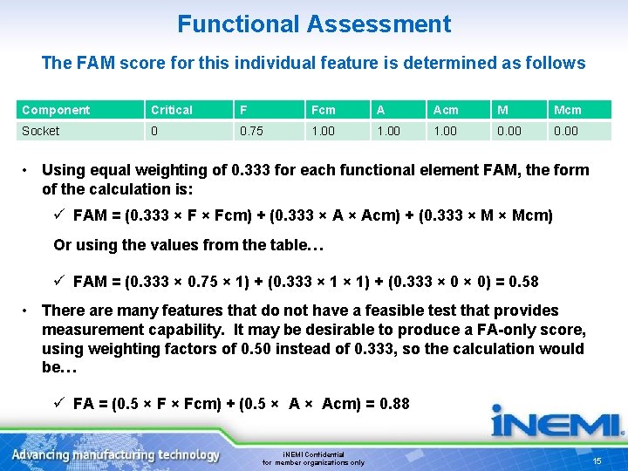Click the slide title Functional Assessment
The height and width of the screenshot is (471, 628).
click(x=314, y=24)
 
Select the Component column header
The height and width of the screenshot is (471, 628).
click(x=56, y=110)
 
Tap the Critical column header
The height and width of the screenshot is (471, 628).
click(x=172, y=110)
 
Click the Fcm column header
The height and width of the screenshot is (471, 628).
click(x=323, y=110)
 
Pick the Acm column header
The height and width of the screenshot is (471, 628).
click(x=446, y=110)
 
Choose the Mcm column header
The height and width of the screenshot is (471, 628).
click(x=567, y=110)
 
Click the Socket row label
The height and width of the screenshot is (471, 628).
click(x=41, y=131)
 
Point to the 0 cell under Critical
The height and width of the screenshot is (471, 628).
click(x=155, y=131)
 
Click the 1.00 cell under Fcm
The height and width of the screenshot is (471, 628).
click(x=323, y=131)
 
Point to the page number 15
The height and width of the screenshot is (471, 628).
click(x=597, y=461)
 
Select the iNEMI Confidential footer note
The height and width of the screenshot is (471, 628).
click(x=314, y=459)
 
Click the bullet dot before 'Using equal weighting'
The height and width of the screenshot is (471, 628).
click(x=29, y=170)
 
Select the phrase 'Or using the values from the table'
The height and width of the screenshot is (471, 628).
click(x=188, y=245)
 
